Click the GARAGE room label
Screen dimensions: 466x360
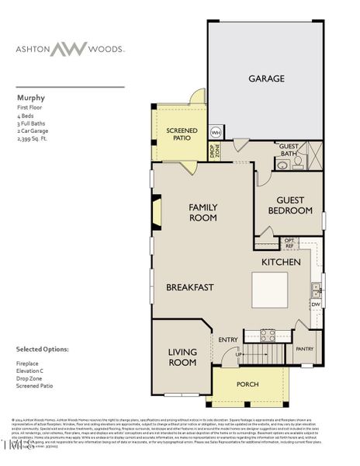(x=266, y=78)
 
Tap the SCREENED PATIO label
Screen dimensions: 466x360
(x=182, y=135)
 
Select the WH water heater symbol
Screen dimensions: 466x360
(x=216, y=134)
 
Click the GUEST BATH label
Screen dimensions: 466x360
(x=289, y=149)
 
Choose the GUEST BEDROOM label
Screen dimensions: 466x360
(x=289, y=205)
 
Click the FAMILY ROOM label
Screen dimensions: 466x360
(x=203, y=212)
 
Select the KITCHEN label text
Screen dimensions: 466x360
(x=280, y=263)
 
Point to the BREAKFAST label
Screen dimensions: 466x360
(x=189, y=287)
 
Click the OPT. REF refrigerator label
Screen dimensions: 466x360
(x=289, y=242)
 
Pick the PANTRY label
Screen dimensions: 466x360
(x=304, y=349)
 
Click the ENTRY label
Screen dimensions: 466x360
(x=228, y=339)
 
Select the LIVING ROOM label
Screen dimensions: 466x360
(x=182, y=357)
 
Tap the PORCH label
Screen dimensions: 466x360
(x=248, y=384)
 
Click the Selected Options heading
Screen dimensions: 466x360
(x=42, y=349)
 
